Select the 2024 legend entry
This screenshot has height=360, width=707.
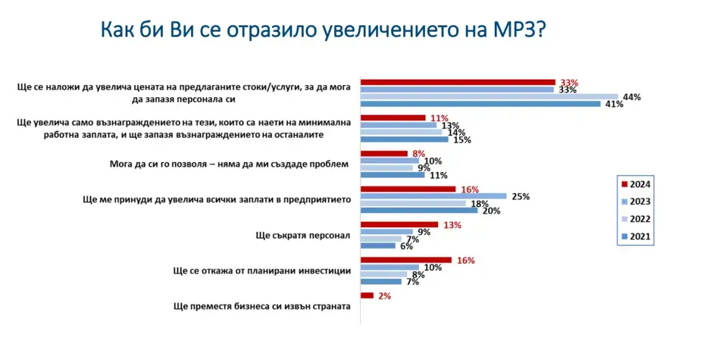click(635, 184)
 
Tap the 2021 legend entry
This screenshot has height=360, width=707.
click(635, 236)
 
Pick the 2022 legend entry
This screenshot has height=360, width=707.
click(635, 219)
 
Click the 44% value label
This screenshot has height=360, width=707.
click(631, 97)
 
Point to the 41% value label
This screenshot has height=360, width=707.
click(614, 105)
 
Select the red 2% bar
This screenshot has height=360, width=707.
click(367, 296)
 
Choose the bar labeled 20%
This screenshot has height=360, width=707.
click(419, 210)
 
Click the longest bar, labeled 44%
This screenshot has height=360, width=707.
click(490, 97)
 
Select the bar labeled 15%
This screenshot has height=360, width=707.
click(405, 139)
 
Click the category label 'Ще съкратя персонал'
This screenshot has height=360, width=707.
click(302, 235)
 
